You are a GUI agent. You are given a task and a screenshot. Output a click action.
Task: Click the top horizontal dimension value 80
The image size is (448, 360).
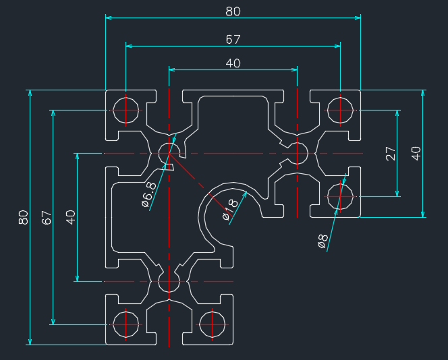point(233,11)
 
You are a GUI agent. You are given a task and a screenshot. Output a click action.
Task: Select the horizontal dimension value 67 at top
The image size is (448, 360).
point(233,39)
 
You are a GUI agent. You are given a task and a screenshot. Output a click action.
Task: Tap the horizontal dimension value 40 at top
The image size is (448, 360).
point(233,63)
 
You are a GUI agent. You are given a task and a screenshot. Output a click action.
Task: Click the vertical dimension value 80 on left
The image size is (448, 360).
point(24,217)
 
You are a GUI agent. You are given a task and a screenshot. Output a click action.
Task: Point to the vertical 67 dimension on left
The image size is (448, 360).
point(47,217)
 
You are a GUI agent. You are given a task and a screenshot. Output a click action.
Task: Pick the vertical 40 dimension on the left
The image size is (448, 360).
point(71,217)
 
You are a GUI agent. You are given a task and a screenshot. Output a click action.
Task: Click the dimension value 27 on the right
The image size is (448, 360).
point(391,153)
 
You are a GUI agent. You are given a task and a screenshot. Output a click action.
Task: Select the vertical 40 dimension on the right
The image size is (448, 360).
point(416,153)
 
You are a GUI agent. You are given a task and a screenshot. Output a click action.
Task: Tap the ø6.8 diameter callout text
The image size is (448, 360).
point(149,195)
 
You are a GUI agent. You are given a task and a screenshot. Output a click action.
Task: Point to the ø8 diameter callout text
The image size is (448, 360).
point(323,241)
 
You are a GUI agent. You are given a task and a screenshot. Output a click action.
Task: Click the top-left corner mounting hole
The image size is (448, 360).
point(125,110)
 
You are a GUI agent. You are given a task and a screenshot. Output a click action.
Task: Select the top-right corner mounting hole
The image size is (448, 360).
point(340,110)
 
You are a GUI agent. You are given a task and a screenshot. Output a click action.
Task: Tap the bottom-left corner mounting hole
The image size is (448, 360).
point(125,324)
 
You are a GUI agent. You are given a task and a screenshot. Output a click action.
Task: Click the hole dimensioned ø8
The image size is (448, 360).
point(340,196)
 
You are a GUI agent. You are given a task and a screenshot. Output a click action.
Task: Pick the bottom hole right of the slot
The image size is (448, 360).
point(212,324)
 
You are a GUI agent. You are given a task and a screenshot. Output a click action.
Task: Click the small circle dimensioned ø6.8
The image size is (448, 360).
point(169,153)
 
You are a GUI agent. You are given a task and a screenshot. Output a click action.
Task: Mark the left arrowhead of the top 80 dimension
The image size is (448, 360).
point(109,18)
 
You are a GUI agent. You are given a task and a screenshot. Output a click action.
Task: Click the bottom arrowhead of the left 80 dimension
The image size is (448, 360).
point(30,341)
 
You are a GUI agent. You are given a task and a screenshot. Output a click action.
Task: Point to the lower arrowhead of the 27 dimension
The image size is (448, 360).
point(397,193)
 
